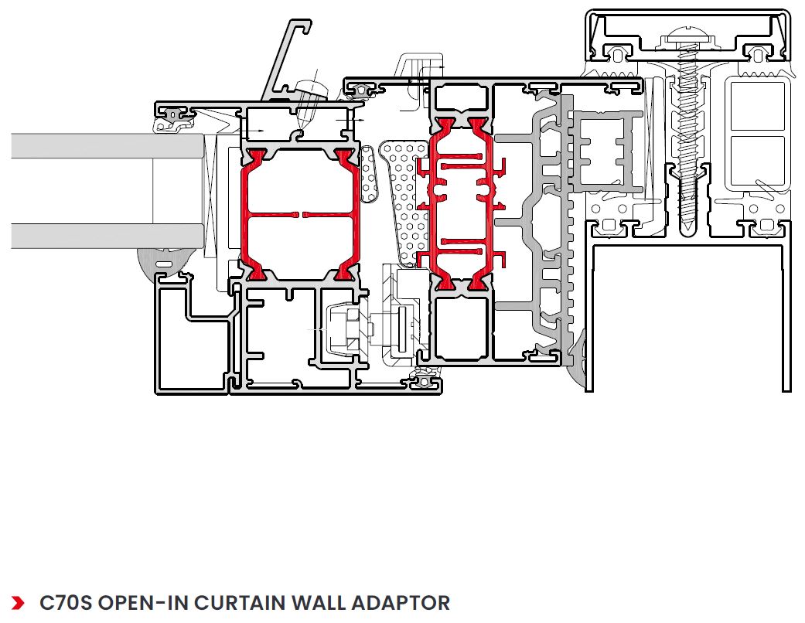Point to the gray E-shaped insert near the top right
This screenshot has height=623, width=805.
pyautogui.click(x=607, y=151)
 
